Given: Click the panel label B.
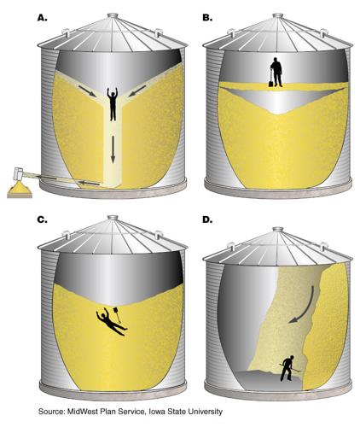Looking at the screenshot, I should [206, 15].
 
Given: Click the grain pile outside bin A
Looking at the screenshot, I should [18, 188].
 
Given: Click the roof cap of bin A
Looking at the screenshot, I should [113, 15].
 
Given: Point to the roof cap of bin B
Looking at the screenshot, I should [276, 15].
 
